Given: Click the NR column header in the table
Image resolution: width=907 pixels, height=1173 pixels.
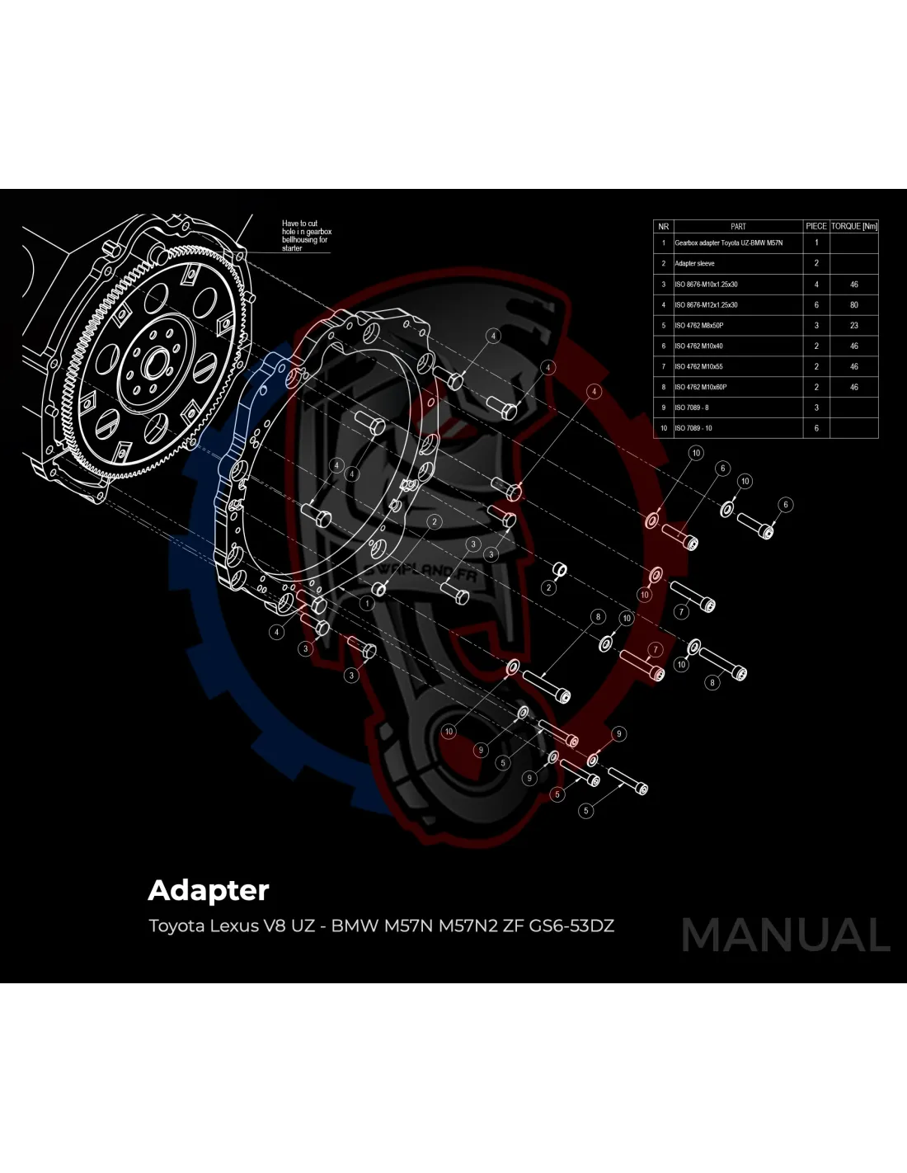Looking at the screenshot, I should (663, 226).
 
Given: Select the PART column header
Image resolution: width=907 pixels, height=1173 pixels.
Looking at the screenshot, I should (738, 226).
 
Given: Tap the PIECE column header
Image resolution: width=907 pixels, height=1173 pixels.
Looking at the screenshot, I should (816, 226).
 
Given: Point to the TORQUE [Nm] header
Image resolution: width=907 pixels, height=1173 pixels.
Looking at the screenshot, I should (854, 226).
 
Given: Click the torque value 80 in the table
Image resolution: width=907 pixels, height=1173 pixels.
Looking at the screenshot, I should (854, 305).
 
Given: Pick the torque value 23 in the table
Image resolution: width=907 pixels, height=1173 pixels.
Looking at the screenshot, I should (854, 326).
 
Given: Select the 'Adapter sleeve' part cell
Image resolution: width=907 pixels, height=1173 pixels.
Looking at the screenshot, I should (694, 264).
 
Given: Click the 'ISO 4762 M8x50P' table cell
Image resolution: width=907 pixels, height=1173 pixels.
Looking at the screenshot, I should (699, 326).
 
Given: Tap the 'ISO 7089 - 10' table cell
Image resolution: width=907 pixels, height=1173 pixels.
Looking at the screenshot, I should (693, 428).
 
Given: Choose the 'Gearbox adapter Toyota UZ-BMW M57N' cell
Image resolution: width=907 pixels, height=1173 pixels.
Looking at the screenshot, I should (728, 243).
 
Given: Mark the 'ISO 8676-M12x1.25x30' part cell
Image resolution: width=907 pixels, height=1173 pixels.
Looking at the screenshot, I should (706, 305).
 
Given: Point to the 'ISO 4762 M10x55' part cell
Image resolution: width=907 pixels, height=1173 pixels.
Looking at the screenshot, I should (699, 366).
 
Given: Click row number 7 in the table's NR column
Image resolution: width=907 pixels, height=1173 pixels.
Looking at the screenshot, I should (663, 366).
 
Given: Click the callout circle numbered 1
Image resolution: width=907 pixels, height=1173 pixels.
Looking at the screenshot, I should (367, 603).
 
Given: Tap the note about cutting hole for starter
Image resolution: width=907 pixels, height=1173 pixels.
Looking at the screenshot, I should (306, 236).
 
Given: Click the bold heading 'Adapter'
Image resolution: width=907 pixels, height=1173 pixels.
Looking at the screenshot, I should (209, 891).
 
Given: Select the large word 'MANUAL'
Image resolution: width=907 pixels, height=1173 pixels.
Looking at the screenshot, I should (786, 935).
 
